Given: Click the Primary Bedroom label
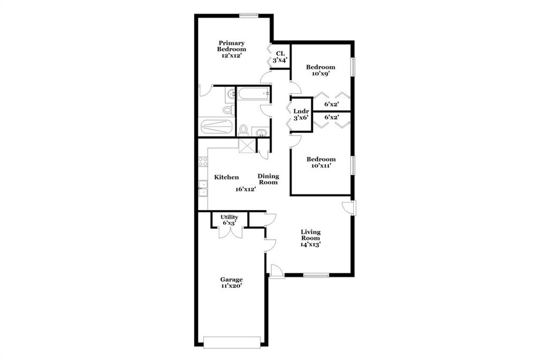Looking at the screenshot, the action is [x=232, y=46].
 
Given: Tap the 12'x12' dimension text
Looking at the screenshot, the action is [x=232, y=56].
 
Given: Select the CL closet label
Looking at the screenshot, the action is [x=280, y=54].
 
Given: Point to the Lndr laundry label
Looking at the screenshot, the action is [x=301, y=111].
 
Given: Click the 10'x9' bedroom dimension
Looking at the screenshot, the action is [x=321, y=74].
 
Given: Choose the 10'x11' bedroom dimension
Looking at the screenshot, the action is [x=321, y=166].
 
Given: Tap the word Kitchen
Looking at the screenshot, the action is [x=227, y=177].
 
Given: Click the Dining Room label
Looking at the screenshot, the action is [x=269, y=179].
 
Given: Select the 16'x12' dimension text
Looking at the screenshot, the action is [x=246, y=189].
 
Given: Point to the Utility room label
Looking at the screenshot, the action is [x=229, y=217].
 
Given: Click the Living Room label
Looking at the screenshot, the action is [x=311, y=235].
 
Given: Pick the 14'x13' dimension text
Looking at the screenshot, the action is [x=311, y=244].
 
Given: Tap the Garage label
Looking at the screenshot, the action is [x=232, y=280].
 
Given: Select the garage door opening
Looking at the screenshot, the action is [x=232, y=342].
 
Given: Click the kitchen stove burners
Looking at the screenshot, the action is [x=203, y=162].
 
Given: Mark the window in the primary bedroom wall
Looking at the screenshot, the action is [x=249, y=15].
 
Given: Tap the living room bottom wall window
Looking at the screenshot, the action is [x=316, y=275].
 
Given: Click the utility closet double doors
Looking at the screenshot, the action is [x=230, y=232].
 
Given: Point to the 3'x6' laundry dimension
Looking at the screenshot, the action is [x=301, y=118].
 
